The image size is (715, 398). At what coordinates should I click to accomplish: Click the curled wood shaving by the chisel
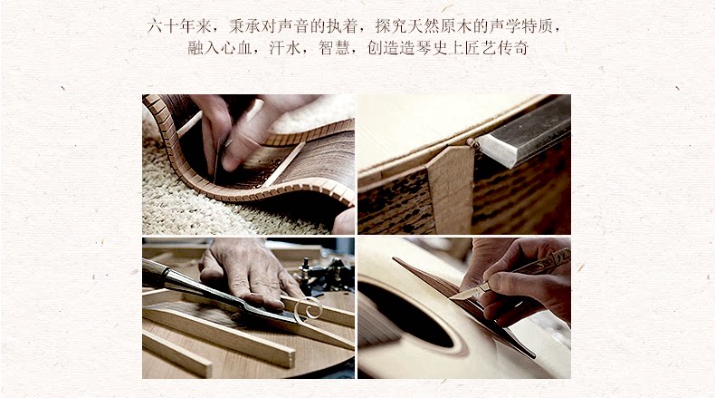tap(308, 309)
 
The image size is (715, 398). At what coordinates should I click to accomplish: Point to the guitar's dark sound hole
tap(405, 315)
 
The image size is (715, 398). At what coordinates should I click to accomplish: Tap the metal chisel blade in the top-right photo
tap(524, 132)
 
